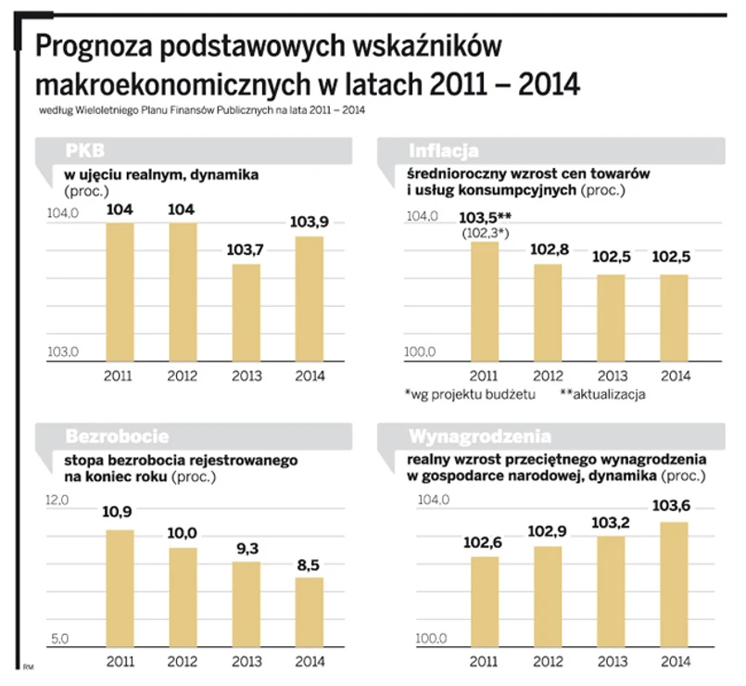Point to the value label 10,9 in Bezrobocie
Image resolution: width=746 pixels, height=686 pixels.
click(120, 512)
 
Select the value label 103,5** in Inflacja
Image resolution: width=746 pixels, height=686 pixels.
click(487, 217)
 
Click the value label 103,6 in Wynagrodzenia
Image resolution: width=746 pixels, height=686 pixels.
click(674, 505)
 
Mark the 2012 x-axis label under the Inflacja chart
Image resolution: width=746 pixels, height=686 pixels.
click(549, 375)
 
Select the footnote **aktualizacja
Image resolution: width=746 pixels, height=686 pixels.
click(602, 394)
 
